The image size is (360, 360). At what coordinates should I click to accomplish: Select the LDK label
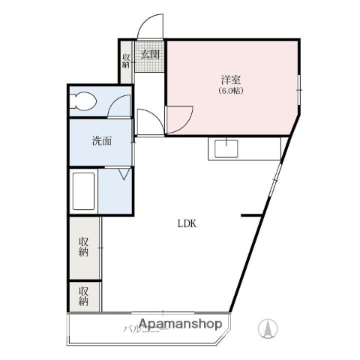(x=187, y=223)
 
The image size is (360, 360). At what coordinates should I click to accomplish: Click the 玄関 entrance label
(x=150, y=54)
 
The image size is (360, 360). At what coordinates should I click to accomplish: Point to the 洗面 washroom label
(x=102, y=140)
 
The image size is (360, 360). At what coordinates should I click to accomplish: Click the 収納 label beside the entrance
(x=126, y=61)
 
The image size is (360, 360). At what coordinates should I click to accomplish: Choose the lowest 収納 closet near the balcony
(x=84, y=295)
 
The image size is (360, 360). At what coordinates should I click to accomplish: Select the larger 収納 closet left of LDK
(x=84, y=247)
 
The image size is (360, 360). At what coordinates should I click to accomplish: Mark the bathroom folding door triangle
(x=124, y=175)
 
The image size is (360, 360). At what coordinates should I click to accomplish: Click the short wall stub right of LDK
(x=250, y=217)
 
